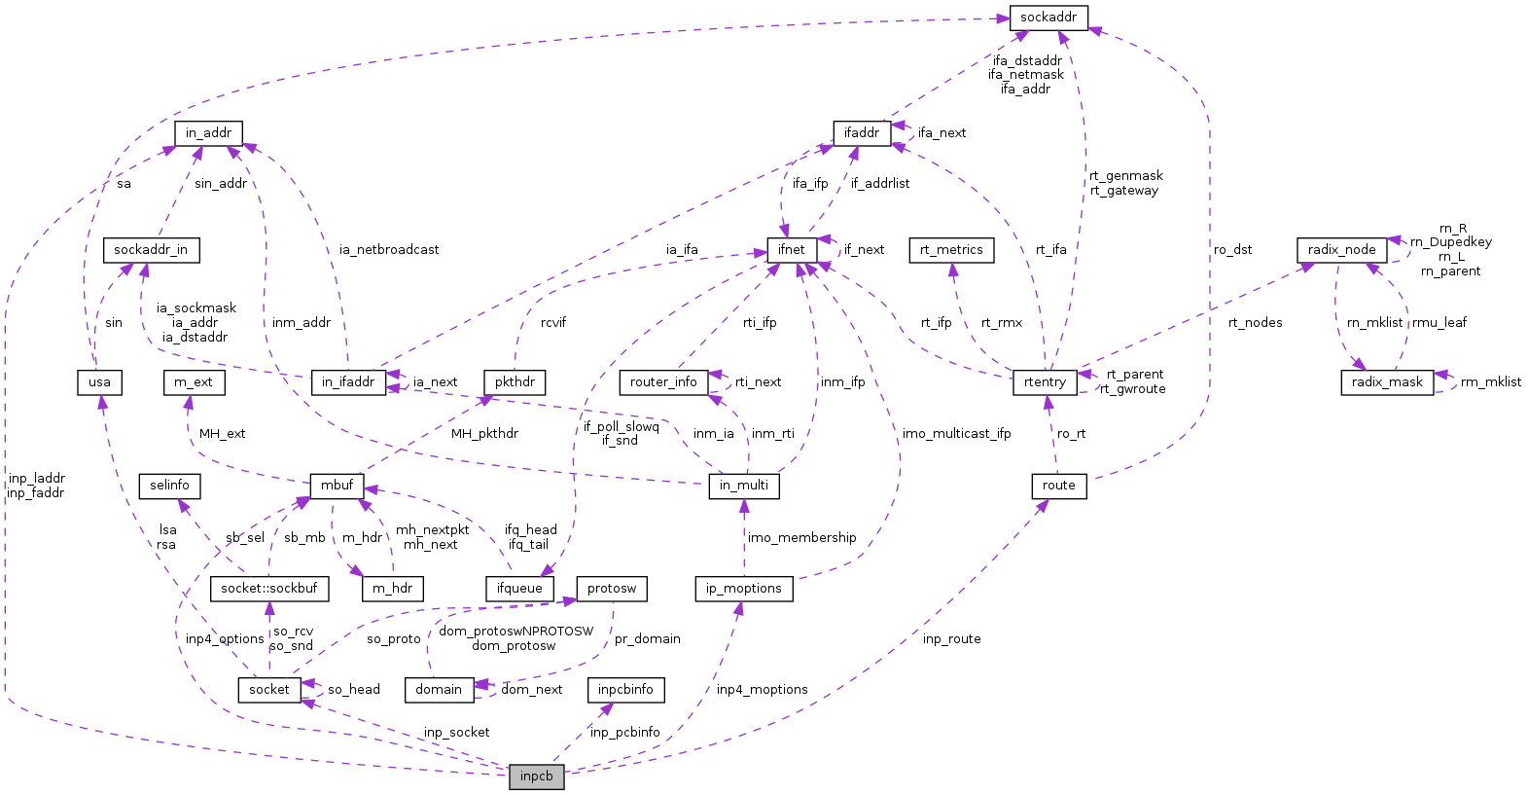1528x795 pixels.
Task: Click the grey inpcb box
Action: [536, 777]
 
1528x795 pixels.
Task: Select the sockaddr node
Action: [1048, 18]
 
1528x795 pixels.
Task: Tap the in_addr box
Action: [208, 133]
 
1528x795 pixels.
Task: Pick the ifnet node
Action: [791, 250]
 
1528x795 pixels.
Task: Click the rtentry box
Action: [1045, 382]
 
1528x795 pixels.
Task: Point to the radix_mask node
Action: [1386, 382]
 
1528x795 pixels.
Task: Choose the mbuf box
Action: [337, 486]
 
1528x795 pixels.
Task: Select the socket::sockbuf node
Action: [268, 589]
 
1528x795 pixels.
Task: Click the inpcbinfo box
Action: [625, 690]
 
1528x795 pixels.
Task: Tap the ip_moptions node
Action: [744, 589]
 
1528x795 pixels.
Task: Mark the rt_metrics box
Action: [951, 250]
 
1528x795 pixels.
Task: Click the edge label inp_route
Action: [951, 639]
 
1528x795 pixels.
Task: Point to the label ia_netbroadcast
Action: [389, 250]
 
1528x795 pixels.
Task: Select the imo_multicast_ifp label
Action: [956, 434]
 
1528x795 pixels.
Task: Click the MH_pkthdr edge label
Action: [484, 434]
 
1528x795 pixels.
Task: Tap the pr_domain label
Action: [647, 639]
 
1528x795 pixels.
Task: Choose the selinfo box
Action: [169, 486]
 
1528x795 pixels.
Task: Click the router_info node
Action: [663, 382]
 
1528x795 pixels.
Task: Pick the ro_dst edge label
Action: [1232, 250]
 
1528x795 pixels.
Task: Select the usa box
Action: [99, 382]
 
